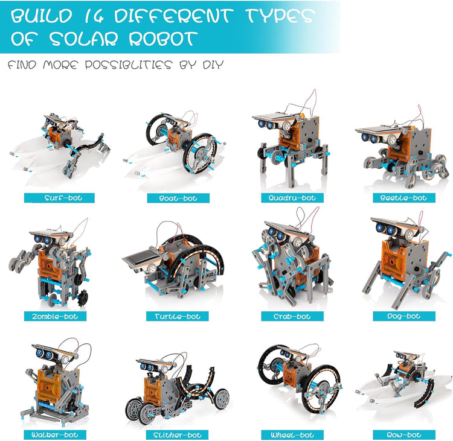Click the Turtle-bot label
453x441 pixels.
pos(177,316)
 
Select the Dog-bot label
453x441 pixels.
pos(404,316)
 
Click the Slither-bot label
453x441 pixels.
pos(177,434)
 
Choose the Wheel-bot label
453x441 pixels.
pos(293,434)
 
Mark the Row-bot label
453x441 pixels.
pos(404,434)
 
